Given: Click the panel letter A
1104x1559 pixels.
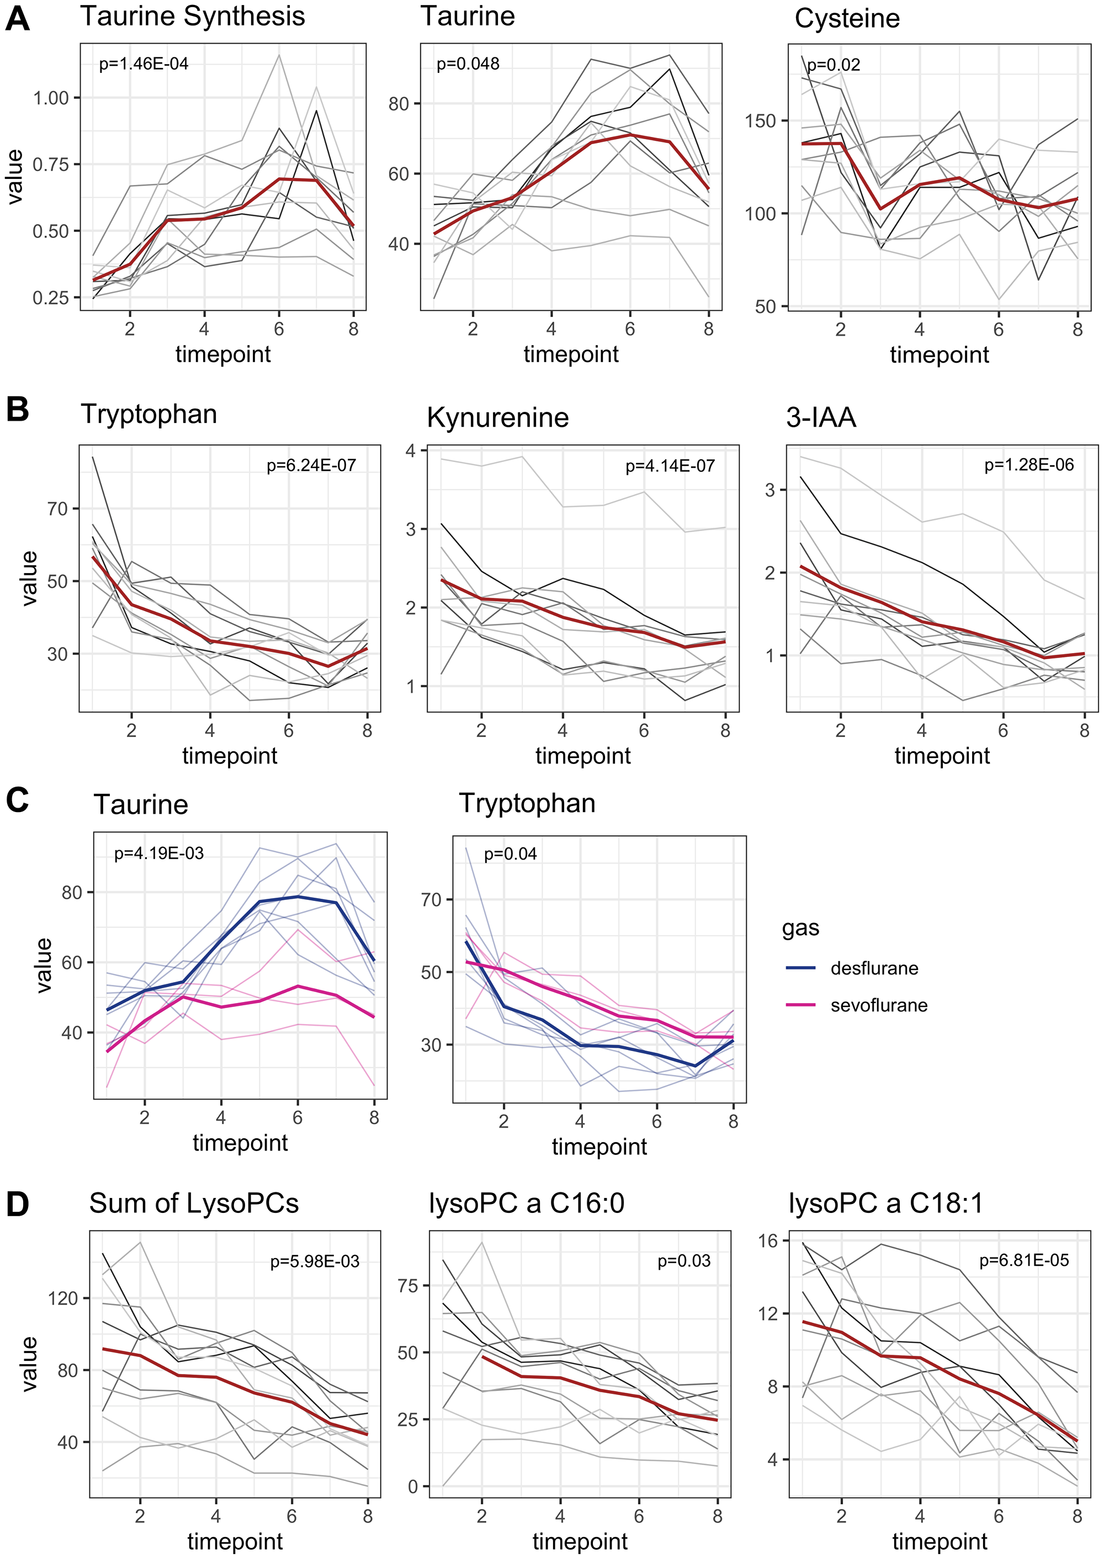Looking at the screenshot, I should [17, 18].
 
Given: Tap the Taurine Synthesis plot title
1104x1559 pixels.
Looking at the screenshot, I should [193, 17].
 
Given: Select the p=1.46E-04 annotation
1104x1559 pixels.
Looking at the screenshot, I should [144, 64].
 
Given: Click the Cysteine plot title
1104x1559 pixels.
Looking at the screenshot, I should [846, 18].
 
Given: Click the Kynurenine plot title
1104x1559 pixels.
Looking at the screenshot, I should [497, 417].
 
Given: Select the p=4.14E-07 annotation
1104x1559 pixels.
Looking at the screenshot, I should [670, 466].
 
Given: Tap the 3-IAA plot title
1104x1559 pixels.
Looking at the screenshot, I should [820, 417].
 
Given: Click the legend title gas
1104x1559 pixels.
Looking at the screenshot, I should [800, 928].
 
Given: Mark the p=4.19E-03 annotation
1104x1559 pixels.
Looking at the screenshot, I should [158, 853].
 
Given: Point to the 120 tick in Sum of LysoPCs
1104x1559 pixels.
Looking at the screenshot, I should [63, 1298].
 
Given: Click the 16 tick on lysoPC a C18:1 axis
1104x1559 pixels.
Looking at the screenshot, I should [768, 1241].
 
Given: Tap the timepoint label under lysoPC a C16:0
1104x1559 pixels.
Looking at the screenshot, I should [580, 1541].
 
